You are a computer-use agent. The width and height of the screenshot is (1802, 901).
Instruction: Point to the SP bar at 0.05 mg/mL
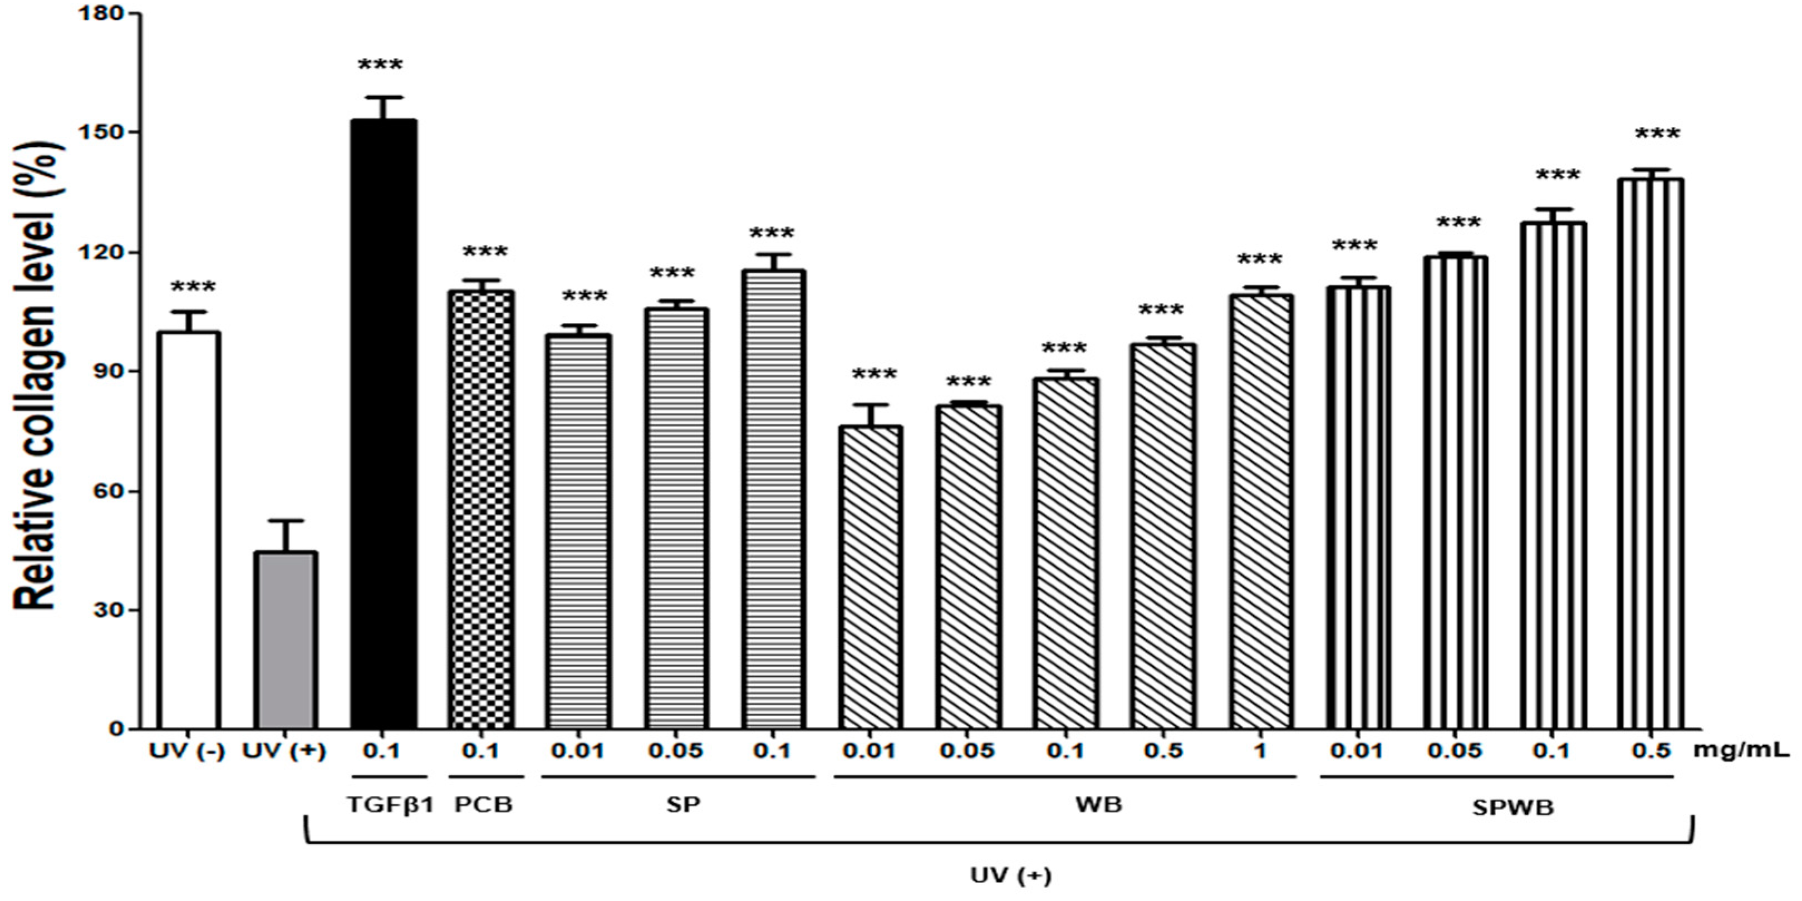[676, 518]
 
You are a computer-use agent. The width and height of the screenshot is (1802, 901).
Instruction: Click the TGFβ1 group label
[390, 805]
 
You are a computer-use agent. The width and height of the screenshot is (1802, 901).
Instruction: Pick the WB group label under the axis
[1098, 805]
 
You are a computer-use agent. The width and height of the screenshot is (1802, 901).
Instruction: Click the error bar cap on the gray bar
[286, 520]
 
